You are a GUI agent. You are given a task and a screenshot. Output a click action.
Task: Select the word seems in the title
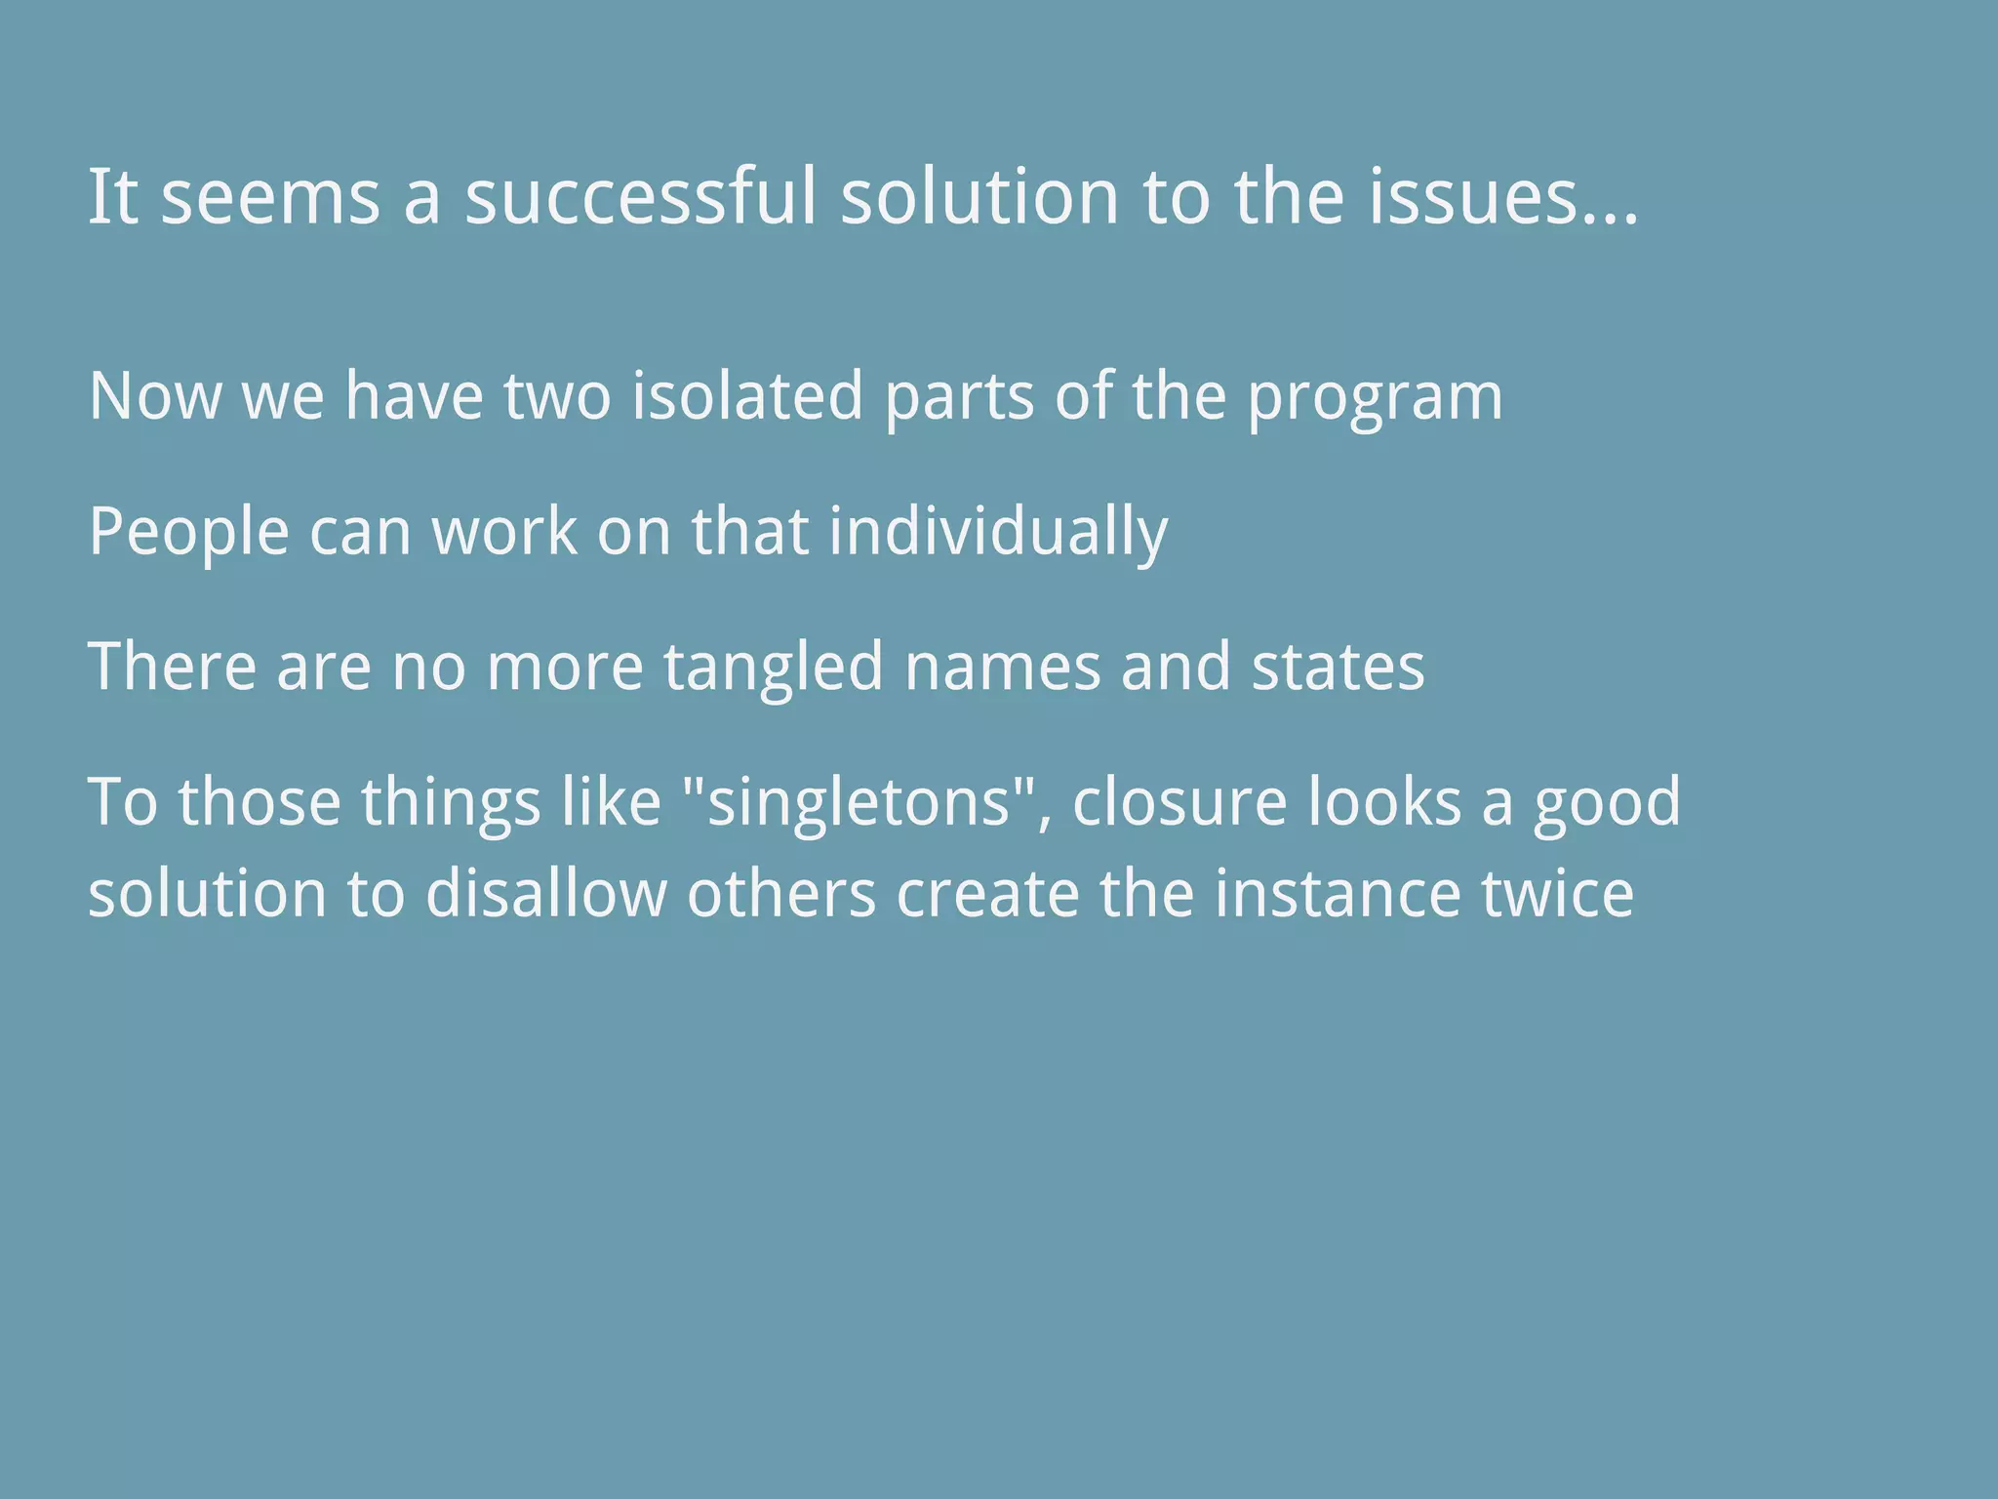click(x=270, y=197)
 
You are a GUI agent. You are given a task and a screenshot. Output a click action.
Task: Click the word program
click(x=1376, y=398)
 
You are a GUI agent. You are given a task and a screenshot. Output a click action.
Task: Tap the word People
click(x=189, y=533)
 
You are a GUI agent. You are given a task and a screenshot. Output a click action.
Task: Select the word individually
click(x=998, y=533)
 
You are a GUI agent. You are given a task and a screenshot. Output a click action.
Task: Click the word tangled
click(x=774, y=668)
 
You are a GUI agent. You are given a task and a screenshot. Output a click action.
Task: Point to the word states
click(x=1338, y=668)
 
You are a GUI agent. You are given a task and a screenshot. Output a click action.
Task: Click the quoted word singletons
click(x=859, y=802)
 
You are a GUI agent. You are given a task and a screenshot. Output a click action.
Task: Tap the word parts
click(x=958, y=398)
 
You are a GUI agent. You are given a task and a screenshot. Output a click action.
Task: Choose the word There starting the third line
click(x=173, y=668)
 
